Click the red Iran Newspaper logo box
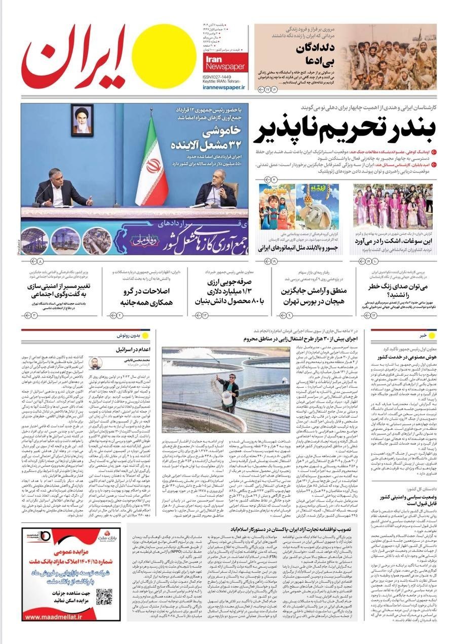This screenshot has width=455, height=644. (225, 61)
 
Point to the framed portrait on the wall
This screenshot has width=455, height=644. (82, 120)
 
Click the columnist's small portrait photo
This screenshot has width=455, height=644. (96, 363)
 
